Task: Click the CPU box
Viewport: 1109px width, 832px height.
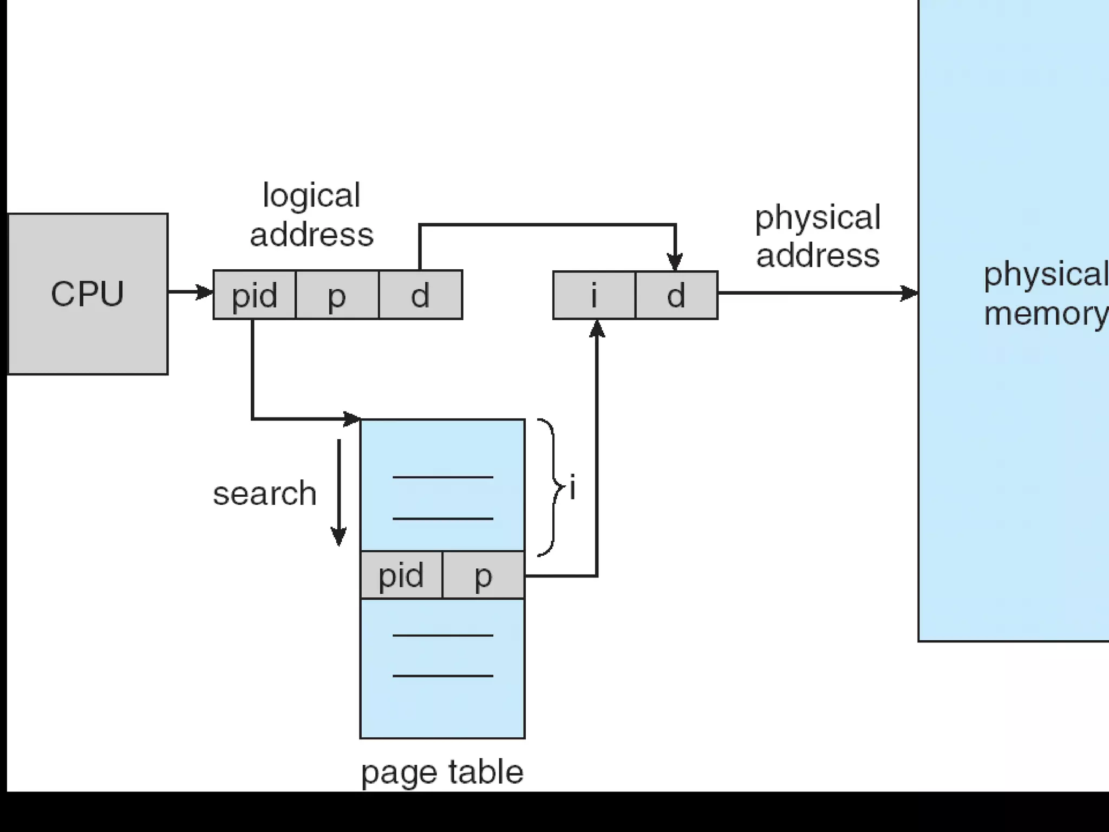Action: point(88,294)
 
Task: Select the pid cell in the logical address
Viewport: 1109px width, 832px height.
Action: point(255,295)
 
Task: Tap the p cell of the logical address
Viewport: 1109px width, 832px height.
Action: point(337,295)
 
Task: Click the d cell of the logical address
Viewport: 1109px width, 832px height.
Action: point(421,295)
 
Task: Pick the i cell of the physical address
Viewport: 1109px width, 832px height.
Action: point(594,295)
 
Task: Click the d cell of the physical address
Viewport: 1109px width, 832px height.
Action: point(676,295)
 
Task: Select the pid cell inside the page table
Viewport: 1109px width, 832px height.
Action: point(401,575)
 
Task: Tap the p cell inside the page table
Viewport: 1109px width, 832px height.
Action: point(484,575)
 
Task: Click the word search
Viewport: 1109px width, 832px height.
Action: point(265,493)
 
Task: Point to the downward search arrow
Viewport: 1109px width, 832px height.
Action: point(339,493)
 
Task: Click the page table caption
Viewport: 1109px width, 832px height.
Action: point(442,772)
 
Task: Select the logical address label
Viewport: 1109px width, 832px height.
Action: point(311,215)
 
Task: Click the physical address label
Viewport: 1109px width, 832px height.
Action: point(818,236)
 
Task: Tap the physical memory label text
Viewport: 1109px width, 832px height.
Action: point(1045,294)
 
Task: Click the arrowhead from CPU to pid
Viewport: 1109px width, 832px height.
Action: point(205,292)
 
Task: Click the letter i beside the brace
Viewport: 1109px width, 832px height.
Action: point(572,487)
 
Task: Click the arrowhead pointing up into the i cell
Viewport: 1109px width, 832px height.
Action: point(597,328)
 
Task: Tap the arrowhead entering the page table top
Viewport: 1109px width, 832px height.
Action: point(352,419)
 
